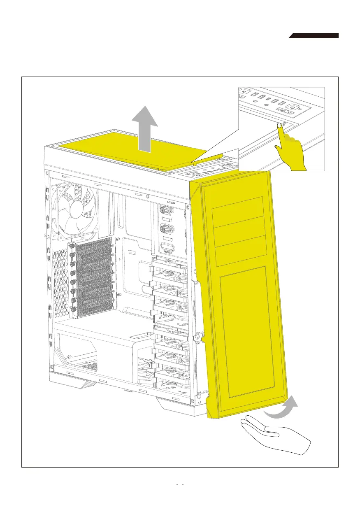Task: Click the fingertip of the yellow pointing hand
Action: [280, 125]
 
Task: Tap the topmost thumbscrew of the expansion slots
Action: [72, 245]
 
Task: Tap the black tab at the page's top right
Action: [315, 36]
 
